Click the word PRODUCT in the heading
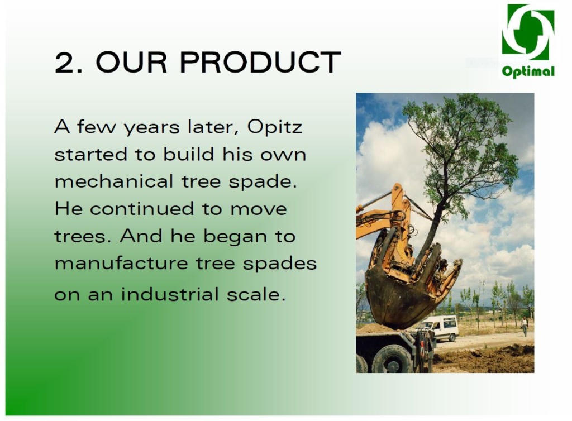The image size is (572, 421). pyautogui.click(x=260, y=62)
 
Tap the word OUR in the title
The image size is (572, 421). pyautogui.click(x=131, y=62)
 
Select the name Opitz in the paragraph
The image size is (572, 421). pyautogui.click(x=274, y=127)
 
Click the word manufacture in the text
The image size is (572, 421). pyautogui.click(x=121, y=263)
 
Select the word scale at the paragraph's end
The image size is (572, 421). pyautogui.click(x=256, y=294)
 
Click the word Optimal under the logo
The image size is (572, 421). pyautogui.click(x=528, y=71)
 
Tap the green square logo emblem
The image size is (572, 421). pyautogui.click(x=528, y=32)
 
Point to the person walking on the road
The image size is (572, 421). pyautogui.click(x=525, y=326)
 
